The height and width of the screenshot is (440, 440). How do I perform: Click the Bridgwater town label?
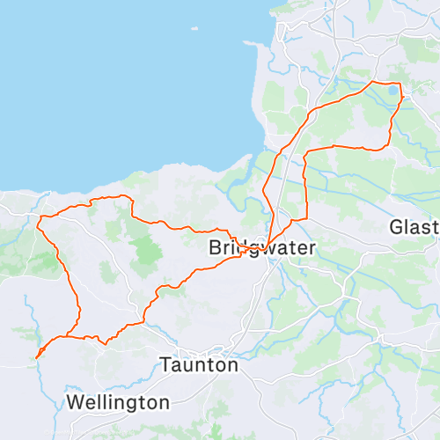[261, 249]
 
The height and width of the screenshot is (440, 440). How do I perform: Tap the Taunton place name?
[199, 364]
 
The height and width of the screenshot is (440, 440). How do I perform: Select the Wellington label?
[118, 403]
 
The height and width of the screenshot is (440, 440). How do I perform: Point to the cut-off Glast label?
[414, 228]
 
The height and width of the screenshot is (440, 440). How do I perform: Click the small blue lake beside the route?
[392, 90]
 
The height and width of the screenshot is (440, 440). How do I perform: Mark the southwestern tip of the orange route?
[36, 357]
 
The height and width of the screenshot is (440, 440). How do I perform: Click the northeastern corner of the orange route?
[400, 85]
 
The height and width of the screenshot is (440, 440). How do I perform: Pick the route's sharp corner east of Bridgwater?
[305, 217]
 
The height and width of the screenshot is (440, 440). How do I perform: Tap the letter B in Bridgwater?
[216, 249]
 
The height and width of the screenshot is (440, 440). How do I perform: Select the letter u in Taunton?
[187, 364]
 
